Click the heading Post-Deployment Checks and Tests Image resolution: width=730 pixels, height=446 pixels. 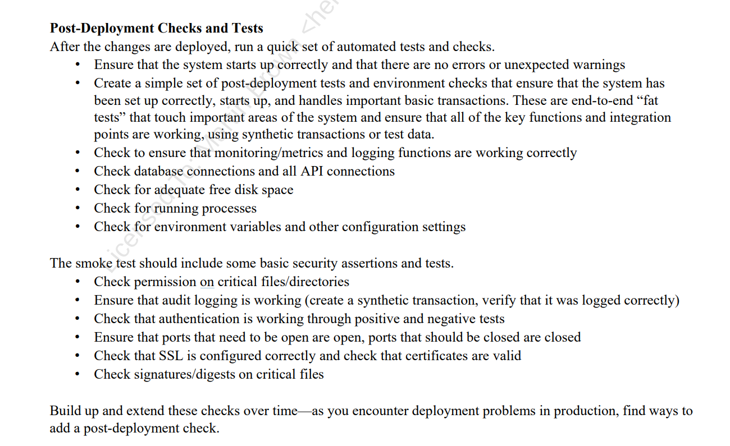156,28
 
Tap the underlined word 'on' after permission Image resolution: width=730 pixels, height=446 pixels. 207,282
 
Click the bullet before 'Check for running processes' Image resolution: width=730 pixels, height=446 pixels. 77,209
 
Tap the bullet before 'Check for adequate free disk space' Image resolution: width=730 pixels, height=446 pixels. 77,190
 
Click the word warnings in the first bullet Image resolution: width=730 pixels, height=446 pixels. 600,65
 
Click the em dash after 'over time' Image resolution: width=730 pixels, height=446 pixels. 304,411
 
